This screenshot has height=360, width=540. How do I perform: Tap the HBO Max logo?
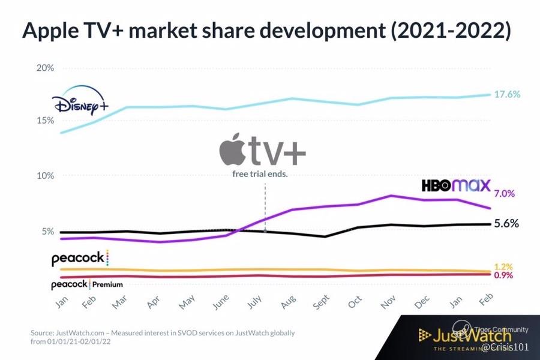pyautogui.click(x=456, y=185)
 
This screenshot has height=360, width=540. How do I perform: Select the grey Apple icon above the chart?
pyautogui.click(x=232, y=149)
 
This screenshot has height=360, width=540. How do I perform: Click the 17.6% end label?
pyautogui.click(x=508, y=95)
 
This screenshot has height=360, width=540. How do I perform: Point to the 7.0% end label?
pyautogui.click(x=504, y=194)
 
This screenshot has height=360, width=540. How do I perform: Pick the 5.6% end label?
pyautogui.click(x=506, y=224)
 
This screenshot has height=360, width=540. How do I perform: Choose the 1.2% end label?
pyautogui.click(x=503, y=266)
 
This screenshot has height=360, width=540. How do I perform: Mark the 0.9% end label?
pyautogui.click(x=503, y=275)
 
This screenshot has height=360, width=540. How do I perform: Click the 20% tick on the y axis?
pyautogui.click(x=45, y=68)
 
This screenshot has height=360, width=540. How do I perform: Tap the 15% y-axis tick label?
pyautogui.click(x=45, y=121)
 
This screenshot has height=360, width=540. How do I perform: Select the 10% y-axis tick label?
pyautogui.click(x=45, y=176)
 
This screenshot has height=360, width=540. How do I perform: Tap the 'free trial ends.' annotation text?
pyautogui.click(x=261, y=175)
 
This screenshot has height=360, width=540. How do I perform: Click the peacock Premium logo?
pyautogui.click(x=86, y=284)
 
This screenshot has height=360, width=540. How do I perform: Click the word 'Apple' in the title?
pyautogui.click(x=50, y=31)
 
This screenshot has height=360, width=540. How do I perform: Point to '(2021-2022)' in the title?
pyautogui.click(x=452, y=31)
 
